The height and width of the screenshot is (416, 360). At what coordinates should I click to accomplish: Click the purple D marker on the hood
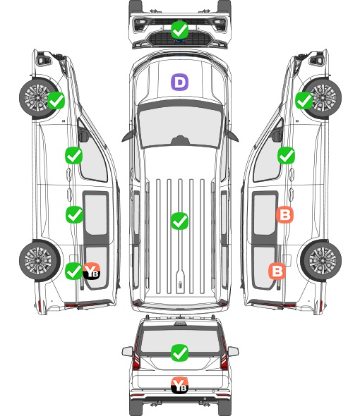[x=179, y=82]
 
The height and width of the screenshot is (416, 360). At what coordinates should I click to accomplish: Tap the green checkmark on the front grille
[x=179, y=30]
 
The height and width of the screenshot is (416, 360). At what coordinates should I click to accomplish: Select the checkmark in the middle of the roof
[x=179, y=221]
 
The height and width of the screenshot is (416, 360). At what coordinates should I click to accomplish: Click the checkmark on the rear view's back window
[x=179, y=353]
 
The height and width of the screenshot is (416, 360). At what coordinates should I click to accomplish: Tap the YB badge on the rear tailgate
[x=179, y=385]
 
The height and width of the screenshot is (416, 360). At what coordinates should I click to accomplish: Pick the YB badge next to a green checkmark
[x=91, y=271]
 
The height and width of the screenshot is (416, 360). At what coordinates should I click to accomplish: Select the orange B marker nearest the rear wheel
[x=277, y=271]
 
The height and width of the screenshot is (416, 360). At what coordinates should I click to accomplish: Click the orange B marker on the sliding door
[x=284, y=214]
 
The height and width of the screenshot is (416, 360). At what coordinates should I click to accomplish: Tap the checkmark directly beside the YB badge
[x=73, y=271]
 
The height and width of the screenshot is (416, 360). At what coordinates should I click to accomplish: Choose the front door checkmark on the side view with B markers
[x=286, y=155]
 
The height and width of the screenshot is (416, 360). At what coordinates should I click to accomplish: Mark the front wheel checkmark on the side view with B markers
[x=304, y=101]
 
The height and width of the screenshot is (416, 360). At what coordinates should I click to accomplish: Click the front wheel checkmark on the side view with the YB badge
[x=56, y=100]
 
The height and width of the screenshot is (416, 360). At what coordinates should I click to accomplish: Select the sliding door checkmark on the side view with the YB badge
[x=74, y=214]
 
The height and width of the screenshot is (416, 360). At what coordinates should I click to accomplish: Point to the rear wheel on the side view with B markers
[x=321, y=261]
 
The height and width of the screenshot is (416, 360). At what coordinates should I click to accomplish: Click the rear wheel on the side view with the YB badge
[x=40, y=261]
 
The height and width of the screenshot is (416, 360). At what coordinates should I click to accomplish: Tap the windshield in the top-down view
[x=180, y=126]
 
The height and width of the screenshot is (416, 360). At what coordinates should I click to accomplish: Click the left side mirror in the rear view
[x=127, y=351]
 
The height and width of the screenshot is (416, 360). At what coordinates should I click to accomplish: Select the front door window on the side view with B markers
[x=267, y=157]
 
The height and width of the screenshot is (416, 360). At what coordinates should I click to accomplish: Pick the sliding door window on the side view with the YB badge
[x=96, y=215]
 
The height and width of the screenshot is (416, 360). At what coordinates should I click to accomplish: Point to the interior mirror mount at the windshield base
[x=180, y=140]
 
